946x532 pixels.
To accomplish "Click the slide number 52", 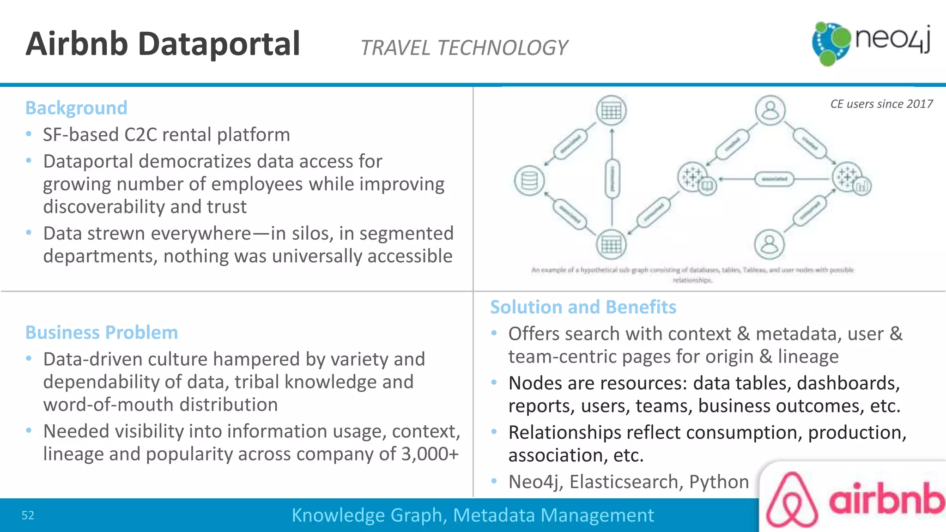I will click(28, 515).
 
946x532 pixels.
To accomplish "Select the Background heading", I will click(76, 108).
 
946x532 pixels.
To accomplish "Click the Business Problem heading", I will click(102, 332).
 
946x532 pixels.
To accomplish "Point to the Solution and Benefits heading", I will click(583, 307).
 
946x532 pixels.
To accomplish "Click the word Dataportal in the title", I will click(219, 44).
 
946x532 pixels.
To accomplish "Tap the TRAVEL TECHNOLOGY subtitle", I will click(464, 48).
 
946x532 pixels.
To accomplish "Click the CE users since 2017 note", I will click(881, 104).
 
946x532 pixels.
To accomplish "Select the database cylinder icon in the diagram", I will click(529, 181).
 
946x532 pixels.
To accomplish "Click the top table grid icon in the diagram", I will click(611, 111).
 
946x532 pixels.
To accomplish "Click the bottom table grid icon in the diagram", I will click(611, 245).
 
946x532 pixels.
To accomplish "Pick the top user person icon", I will click(770, 110).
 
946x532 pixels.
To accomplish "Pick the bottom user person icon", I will click(769, 244).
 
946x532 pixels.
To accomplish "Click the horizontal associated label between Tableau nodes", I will click(775, 179).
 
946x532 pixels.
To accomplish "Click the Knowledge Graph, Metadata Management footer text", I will click(473, 515).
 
